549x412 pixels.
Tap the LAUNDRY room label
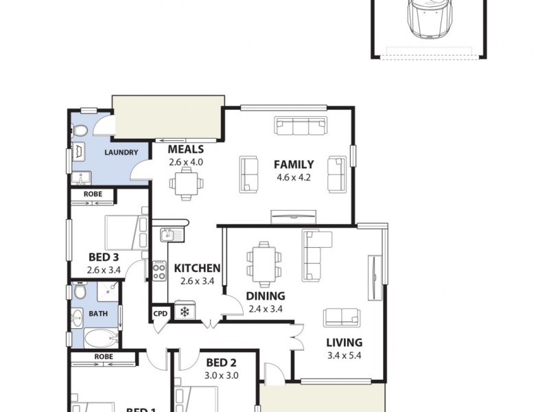tap(121, 152)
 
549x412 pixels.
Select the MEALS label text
tap(185, 150)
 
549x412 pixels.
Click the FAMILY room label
tap(294, 164)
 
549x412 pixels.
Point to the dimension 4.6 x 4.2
tap(294, 176)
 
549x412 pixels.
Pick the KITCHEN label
tap(197, 268)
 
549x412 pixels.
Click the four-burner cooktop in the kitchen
tap(159, 271)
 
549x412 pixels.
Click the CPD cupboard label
tap(160, 312)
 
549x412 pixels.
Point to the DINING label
tap(266, 296)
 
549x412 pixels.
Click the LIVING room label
tap(344, 343)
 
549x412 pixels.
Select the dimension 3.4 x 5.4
tap(344, 355)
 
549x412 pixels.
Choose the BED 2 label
tap(222, 363)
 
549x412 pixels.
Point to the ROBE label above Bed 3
tap(93, 194)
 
